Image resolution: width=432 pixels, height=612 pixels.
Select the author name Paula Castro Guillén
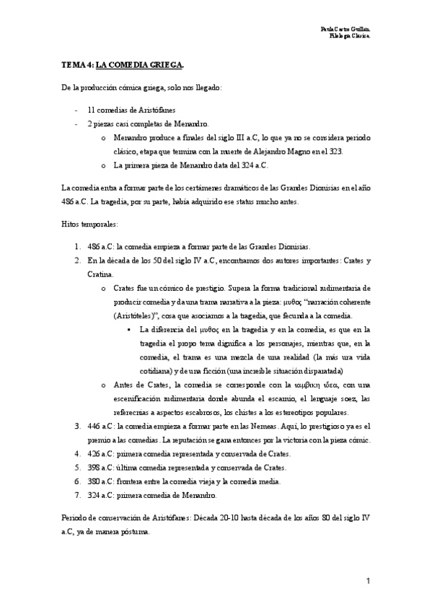[345, 28]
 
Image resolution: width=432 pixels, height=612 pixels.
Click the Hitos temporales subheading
[88, 224]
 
